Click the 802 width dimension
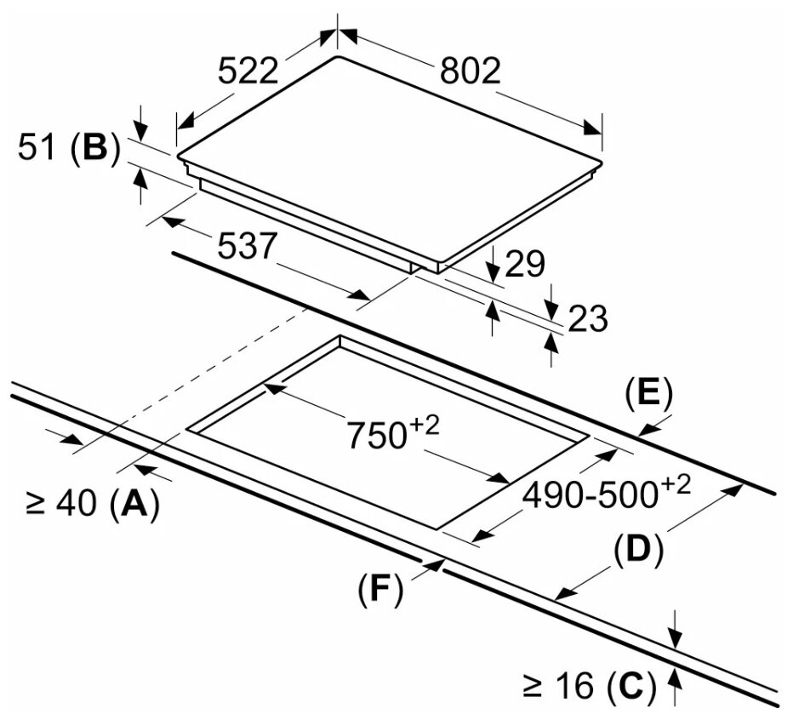(x=470, y=71)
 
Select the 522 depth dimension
(x=248, y=71)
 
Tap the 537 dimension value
(x=248, y=246)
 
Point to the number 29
(x=524, y=263)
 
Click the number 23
(x=588, y=319)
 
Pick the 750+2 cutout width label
(x=393, y=432)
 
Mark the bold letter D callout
(x=638, y=551)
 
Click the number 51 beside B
(x=37, y=147)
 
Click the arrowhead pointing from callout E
(x=648, y=430)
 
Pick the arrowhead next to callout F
(x=435, y=563)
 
